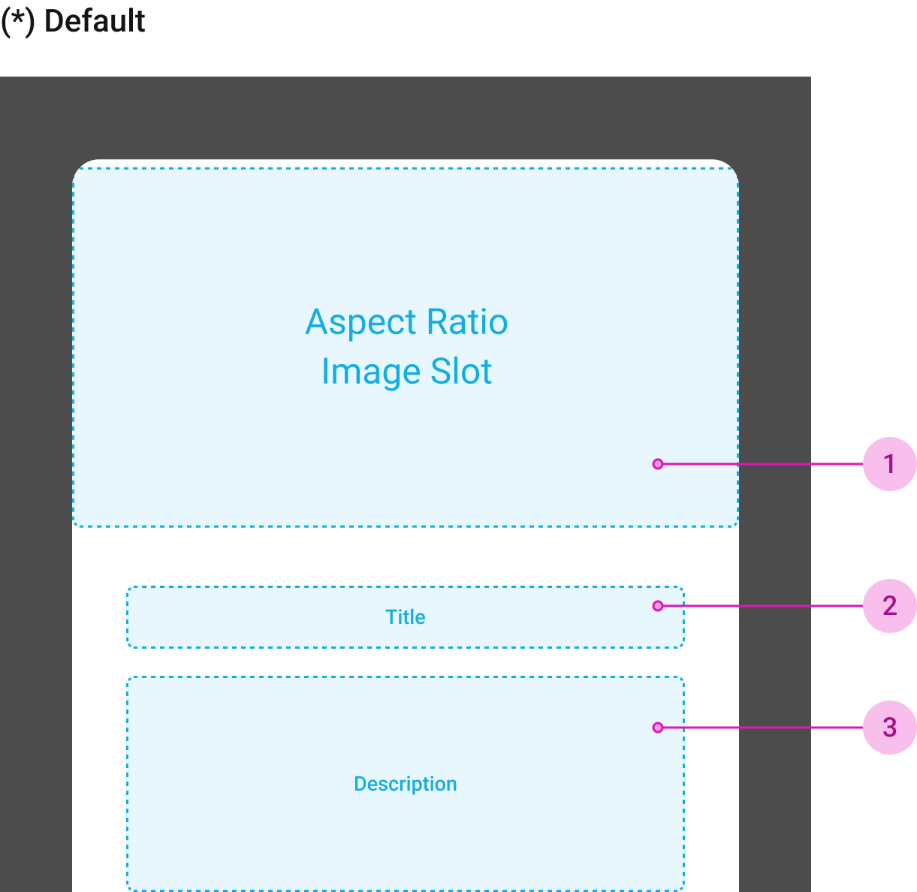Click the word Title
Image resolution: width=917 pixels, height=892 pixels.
coord(405,617)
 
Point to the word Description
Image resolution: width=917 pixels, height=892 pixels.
coord(405,784)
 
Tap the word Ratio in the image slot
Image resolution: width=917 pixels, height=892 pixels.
coord(467,322)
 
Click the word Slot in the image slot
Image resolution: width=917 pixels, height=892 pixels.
coord(461,372)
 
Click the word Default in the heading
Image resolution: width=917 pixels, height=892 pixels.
coord(95,21)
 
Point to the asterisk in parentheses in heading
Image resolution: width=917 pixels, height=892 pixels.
coord(17,21)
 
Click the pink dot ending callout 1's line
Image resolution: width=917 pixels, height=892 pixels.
coord(658,464)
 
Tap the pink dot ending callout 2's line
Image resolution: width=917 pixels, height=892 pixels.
coord(658,606)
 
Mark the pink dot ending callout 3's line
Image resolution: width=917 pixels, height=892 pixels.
coord(658,728)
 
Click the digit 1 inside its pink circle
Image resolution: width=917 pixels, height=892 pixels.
coord(890,464)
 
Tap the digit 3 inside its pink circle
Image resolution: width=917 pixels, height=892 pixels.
coord(890,728)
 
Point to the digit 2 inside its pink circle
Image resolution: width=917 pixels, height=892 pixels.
coord(890,606)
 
